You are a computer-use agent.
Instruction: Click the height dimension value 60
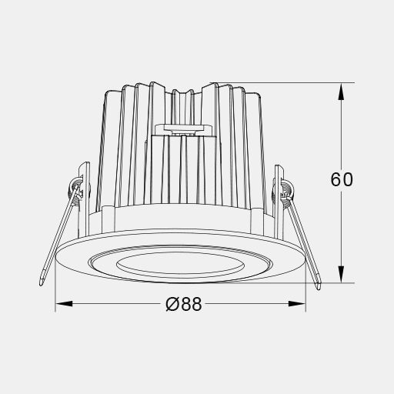342,179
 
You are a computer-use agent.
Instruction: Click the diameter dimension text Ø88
184,304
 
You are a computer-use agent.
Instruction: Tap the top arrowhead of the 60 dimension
341,92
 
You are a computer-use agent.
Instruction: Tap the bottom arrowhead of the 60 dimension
341,274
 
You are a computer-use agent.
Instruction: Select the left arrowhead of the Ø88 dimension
64,304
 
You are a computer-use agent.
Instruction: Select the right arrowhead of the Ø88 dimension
297,304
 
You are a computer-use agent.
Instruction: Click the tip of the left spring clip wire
41,284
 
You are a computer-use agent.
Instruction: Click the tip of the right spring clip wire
319,289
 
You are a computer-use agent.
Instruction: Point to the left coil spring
75,187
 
